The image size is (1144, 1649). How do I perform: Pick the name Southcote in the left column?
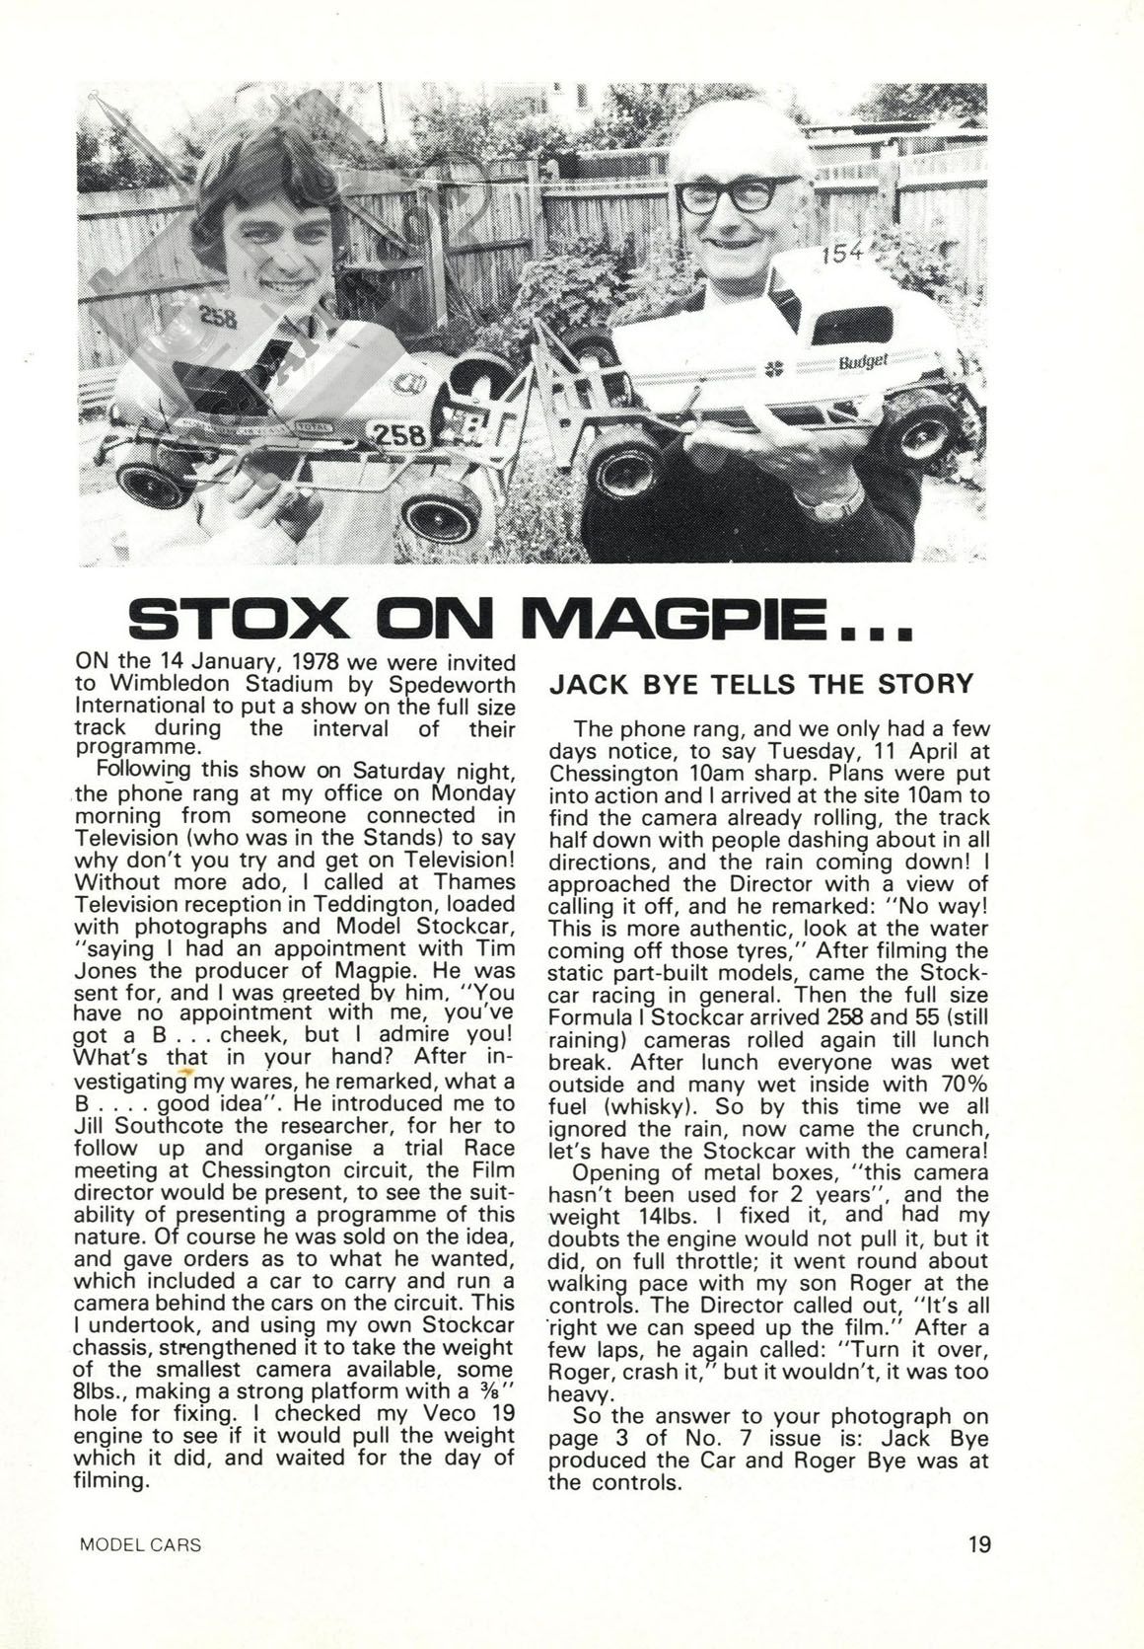(181, 1126)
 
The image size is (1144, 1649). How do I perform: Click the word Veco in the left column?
(379, 1413)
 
